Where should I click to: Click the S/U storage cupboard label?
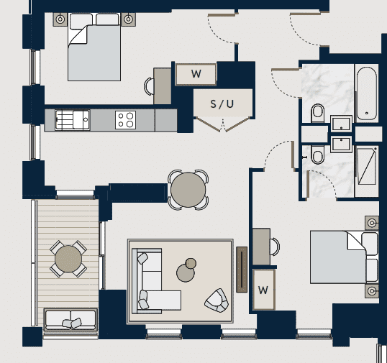[222, 104]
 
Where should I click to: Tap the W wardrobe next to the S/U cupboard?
[196, 73]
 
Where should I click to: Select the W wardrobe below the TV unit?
[263, 290]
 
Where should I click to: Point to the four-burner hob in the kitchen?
[125, 119]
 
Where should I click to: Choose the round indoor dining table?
[188, 189]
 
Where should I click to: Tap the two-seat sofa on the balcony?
[71, 320]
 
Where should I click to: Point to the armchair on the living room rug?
[216, 299]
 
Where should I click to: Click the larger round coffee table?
[186, 272]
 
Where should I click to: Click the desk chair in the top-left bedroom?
[150, 86]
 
